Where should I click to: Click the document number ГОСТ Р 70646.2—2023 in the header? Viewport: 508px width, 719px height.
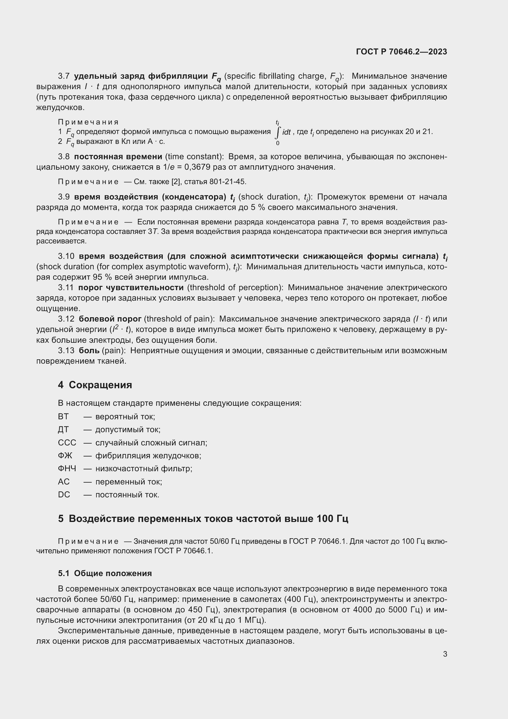tap(401, 52)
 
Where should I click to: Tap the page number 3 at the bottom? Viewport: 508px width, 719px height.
tap(445, 654)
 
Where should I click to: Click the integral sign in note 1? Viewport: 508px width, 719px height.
tap(277, 132)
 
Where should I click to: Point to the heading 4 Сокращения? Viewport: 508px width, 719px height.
tap(95, 385)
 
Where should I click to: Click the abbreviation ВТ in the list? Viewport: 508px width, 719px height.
tap(63, 417)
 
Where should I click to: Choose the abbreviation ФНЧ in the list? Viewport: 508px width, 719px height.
tap(67, 469)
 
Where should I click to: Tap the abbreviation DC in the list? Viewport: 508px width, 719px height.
tap(64, 495)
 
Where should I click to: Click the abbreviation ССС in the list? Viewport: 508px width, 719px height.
tap(67, 443)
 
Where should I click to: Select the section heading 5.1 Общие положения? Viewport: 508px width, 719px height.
tap(105, 573)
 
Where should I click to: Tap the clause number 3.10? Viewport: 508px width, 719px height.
tap(66, 256)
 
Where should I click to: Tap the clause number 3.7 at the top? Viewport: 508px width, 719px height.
tap(64, 76)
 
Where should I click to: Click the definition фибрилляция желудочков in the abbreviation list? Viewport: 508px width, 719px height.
tap(148, 456)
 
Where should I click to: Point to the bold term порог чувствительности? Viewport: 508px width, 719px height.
tap(131, 288)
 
